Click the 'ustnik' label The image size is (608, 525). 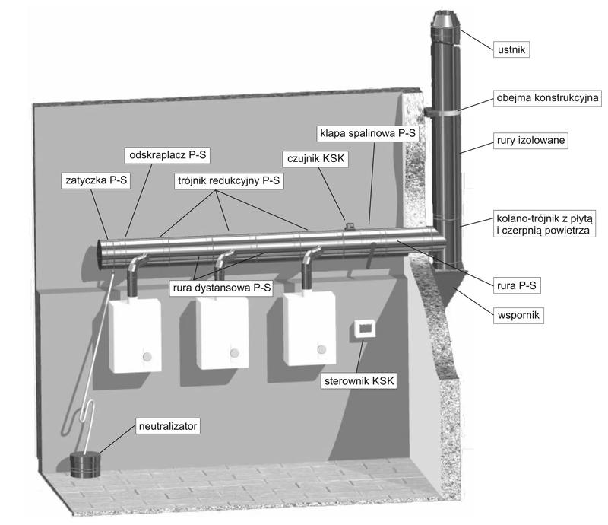[x=510, y=50]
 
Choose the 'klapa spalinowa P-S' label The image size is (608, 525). [x=366, y=133]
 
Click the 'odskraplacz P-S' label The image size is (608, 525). [x=166, y=156]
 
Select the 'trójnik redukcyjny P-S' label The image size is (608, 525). [x=225, y=181]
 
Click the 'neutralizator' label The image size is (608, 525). [x=168, y=426]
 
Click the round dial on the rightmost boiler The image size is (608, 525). [x=321, y=349]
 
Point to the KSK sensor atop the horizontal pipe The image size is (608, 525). [x=350, y=225]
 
